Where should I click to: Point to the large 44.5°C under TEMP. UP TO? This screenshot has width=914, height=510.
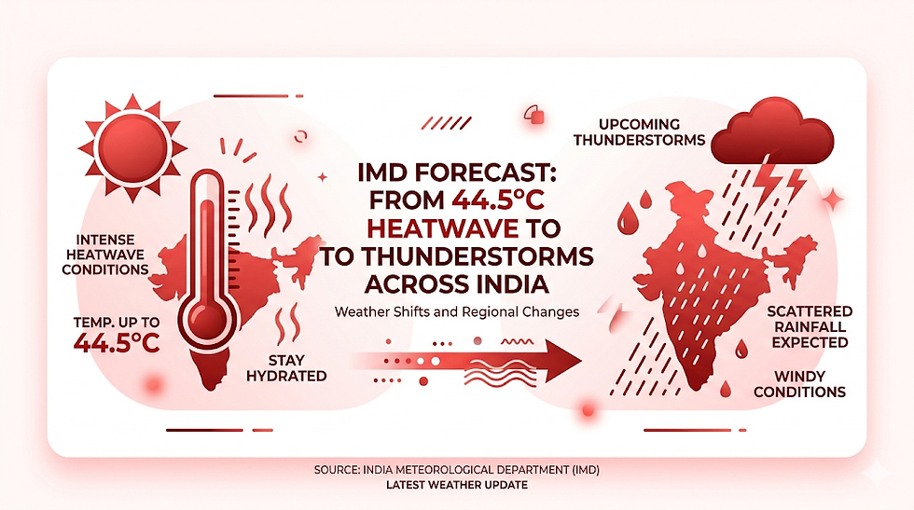click(x=117, y=342)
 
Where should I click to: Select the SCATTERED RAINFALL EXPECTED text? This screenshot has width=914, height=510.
click(x=808, y=326)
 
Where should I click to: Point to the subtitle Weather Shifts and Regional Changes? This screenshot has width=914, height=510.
click(x=457, y=312)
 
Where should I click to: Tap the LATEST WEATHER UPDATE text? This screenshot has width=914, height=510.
click(x=457, y=486)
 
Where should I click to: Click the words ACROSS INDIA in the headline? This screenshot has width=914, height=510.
click(x=456, y=283)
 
